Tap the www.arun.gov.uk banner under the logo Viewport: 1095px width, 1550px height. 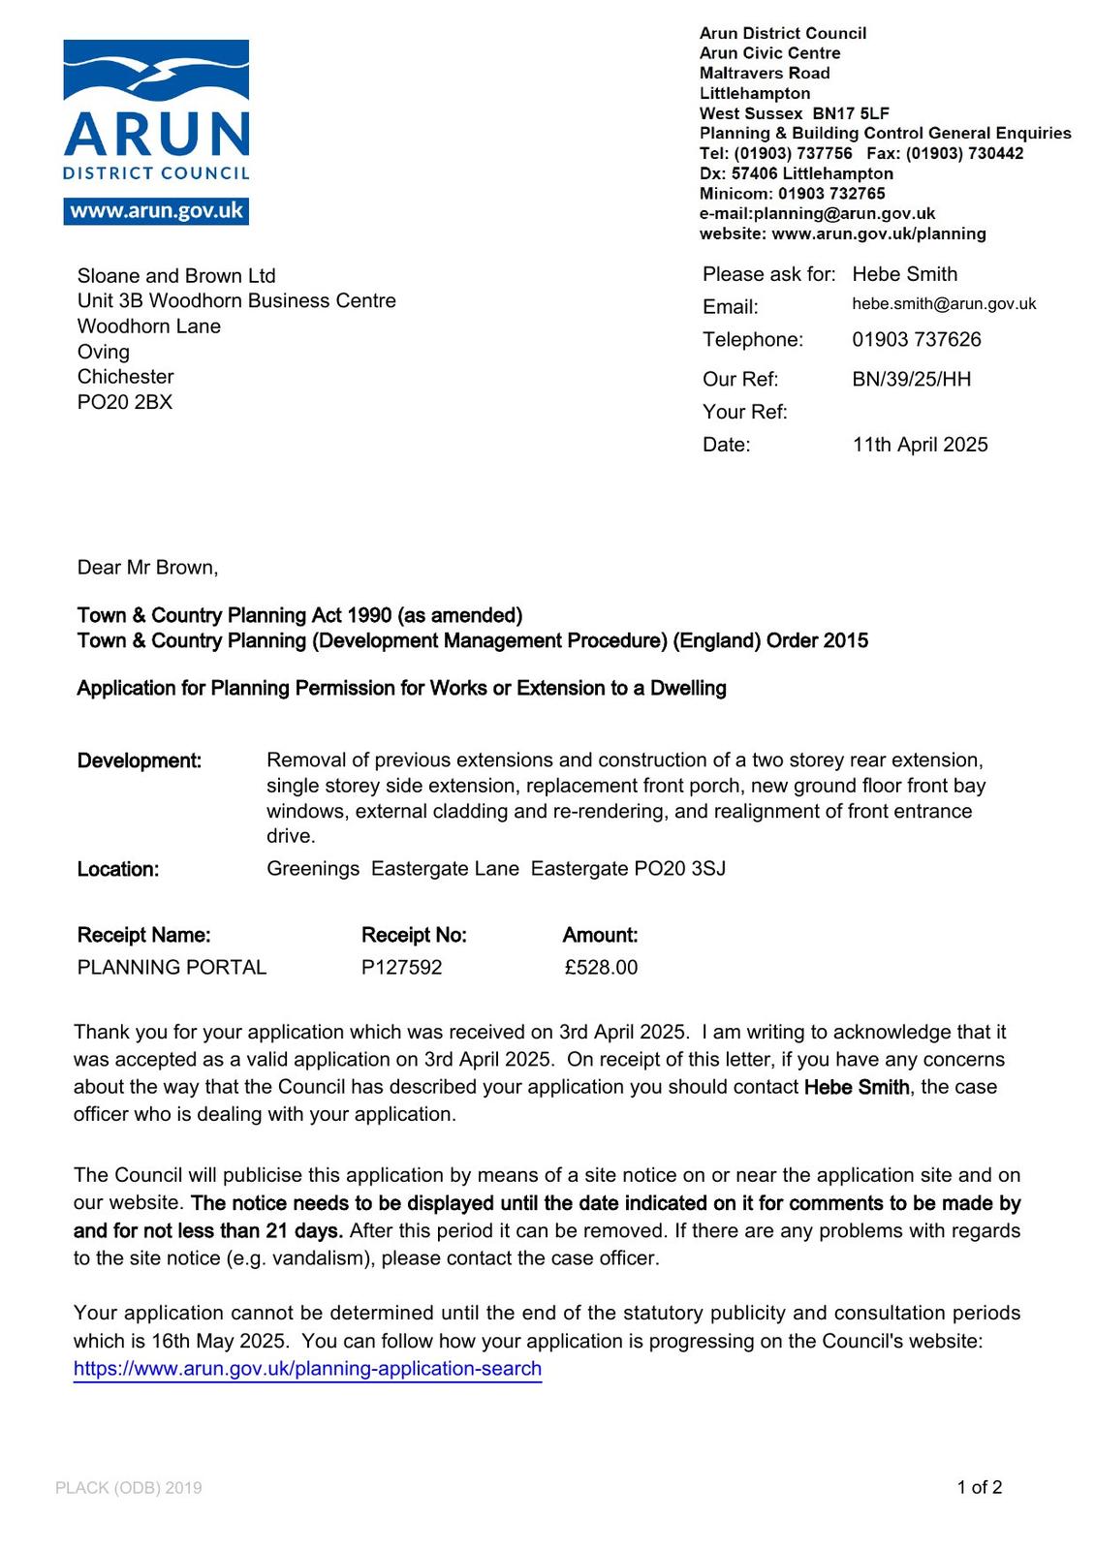click(156, 211)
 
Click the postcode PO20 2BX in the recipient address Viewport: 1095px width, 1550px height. click(125, 402)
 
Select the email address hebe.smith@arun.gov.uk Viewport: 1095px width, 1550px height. click(944, 304)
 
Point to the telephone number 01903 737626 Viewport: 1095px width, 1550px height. click(917, 339)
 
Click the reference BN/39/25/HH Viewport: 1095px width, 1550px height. click(911, 379)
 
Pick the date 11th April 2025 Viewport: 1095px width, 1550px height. click(920, 445)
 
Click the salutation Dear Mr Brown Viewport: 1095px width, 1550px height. click(147, 568)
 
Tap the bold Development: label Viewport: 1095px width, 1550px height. click(140, 760)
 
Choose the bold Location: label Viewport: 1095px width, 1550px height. click(118, 869)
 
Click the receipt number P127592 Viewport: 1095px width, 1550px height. click(401, 967)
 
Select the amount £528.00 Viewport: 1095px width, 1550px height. click(601, 967)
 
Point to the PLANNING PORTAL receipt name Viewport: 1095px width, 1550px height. click(172, 967)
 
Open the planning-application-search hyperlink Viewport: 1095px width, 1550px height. click(307, 1369)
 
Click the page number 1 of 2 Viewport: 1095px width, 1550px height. click(979, 1487)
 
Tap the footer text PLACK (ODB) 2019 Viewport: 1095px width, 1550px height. click(129, 1488)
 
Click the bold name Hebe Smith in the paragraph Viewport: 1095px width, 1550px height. click(857, 1087)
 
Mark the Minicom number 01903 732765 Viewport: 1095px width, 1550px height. click(831, 194)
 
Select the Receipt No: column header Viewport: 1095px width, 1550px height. click(414, 935)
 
